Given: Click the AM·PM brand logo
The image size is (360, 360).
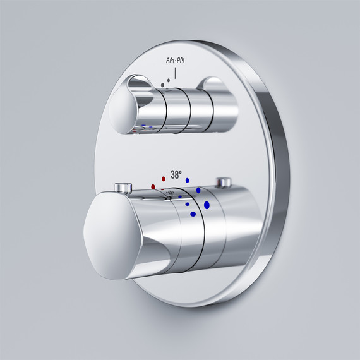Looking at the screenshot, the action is tap(175, 61).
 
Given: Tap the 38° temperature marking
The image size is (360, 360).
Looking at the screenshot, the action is tap(176, 175).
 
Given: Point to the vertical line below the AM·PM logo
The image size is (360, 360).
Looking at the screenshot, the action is tap(175, 73).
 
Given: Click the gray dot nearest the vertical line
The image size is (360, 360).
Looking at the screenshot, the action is tap(169, 80).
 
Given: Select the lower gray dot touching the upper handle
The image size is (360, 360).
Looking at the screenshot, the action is tap(162, 85).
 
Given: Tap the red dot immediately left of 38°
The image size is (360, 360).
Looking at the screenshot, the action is tap(164, 179).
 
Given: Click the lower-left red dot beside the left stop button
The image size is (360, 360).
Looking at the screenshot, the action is tap(153, 187).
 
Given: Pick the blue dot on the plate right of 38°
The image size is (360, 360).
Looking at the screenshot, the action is tap(188, 181).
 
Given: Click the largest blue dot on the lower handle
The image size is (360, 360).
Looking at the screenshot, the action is tap(207, 205).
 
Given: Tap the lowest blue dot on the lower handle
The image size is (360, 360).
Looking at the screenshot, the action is tap(193, 214).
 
